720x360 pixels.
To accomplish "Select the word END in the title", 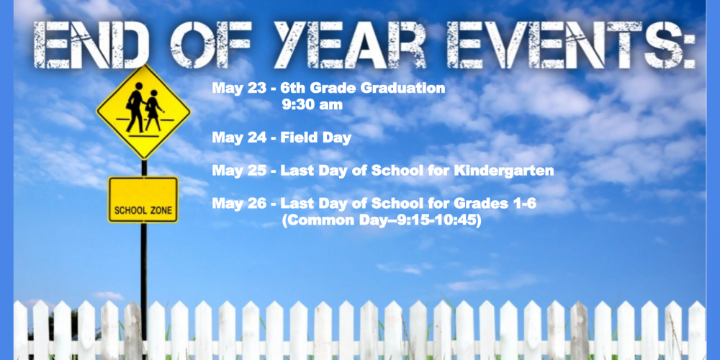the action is point(91,45).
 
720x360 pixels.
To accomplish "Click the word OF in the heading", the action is point(210,45).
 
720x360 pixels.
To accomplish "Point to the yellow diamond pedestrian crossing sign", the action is point(143,112).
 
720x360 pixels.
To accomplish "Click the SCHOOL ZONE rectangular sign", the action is point(143,199).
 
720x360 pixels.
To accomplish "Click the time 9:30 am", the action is point(312,104).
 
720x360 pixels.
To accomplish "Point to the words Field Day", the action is point(316,138).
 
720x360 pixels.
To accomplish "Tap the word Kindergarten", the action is point(504,171).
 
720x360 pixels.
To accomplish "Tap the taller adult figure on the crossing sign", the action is point(135,109).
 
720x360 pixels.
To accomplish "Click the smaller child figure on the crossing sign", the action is point(153,110).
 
